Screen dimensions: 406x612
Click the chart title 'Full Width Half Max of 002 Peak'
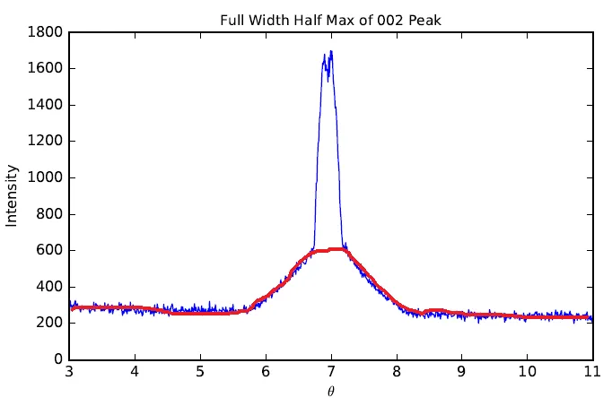330,17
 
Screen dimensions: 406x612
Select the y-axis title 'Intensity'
12,194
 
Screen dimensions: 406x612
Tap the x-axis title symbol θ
331,391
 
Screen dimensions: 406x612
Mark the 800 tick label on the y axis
50,214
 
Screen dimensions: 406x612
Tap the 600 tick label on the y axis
50,251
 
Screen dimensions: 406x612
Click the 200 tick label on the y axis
50,324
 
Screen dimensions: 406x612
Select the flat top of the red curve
331,249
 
